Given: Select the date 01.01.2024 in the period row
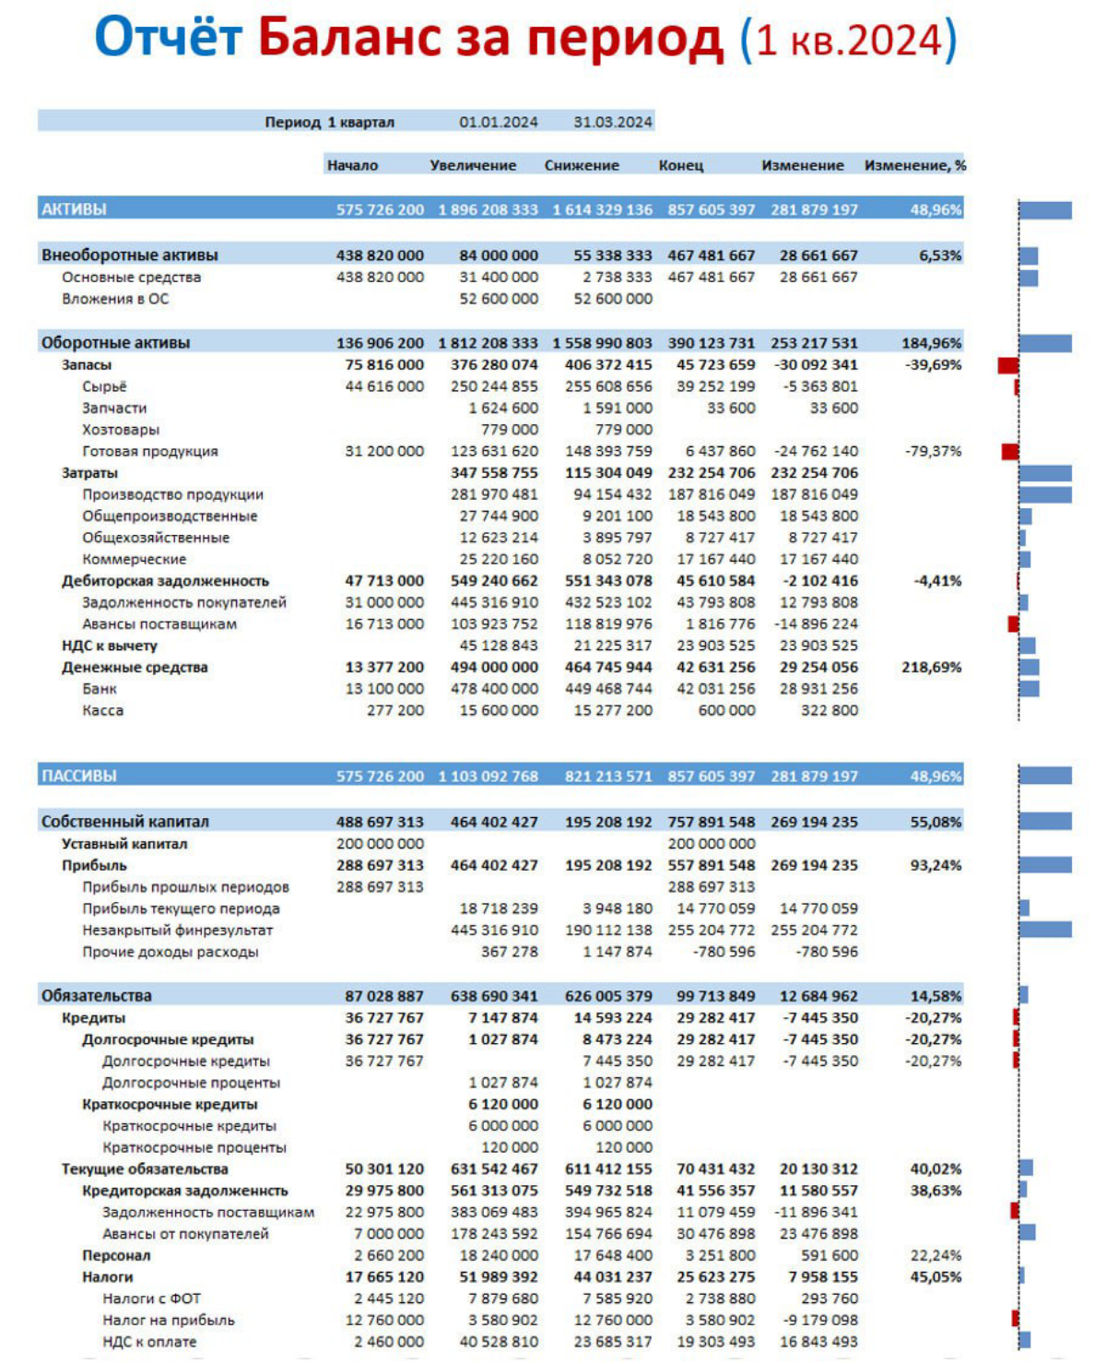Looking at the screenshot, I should [498, 122].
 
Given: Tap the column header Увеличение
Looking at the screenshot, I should [473, 165].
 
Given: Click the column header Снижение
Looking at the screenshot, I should [582, 165].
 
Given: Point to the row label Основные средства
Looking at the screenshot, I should [131, 277].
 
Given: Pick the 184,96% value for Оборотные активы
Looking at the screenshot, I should [931, 343].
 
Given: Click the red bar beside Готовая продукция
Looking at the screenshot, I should [1010, 451].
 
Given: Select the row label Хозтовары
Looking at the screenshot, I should [121, 430].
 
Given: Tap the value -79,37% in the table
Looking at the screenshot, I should [933, 451].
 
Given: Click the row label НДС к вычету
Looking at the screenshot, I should [109, 646].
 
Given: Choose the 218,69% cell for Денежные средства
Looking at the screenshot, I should [931, 667].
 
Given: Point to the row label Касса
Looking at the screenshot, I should [102, 710].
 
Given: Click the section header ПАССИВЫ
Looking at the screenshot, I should [79, 776].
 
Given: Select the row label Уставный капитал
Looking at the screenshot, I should [124, 844].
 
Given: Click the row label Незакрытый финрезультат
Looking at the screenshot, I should [178, 931].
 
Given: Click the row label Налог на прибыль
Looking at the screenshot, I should [169, 1320].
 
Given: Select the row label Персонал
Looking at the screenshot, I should [116, 1255].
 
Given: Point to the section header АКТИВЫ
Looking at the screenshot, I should [74, 209].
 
